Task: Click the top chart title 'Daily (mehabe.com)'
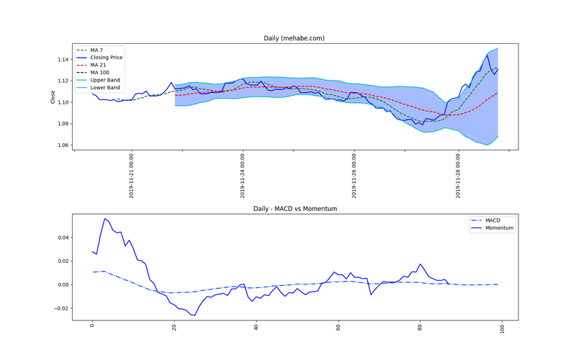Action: pyautogui.click(x=295, y=38)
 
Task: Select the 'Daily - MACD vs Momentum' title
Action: pyautogui.click(x=295, y=209)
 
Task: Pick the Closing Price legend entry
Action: pyautogui.click(x=104, y=57)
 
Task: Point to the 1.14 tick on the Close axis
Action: pyautogui.click(x=63, y=59)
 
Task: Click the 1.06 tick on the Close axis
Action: pyautogui.click(x=63, y=145)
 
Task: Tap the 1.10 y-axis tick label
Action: pyautogui.click(x=63, y=102)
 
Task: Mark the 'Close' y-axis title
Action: pyautogui.click(x=52, y=96)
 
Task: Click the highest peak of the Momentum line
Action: pyautogui.click(x=104, y=218)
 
